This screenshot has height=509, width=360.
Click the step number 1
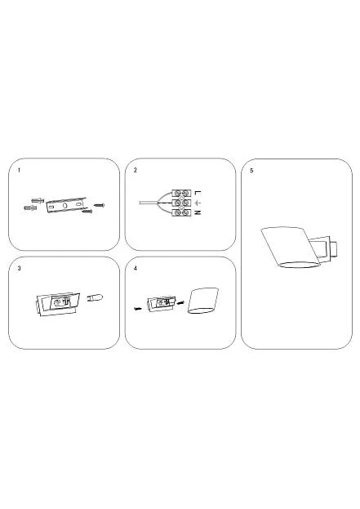[x=19, y=170]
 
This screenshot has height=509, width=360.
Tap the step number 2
[x=136, y=170]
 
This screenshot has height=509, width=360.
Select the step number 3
[x=19, y=269]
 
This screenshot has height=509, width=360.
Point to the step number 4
[x=136, y=269]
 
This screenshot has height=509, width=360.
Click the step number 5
[x=251, y=171]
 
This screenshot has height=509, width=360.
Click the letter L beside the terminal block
[x=198, y=193]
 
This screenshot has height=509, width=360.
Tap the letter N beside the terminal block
[x=198, y=212]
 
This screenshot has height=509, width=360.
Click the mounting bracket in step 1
[x=66, y=205]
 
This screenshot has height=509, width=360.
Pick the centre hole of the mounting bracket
[x=64, y=206]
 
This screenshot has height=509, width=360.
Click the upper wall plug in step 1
[x=38, y=200]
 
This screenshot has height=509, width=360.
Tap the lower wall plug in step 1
[x=30, y=208]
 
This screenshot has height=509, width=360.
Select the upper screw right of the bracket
[x=100, y=205]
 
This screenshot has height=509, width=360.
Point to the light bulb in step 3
[x=95, y=297]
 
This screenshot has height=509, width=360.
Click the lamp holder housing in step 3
[x=57, y=304]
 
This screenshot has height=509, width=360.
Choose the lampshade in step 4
[x=203, y=301]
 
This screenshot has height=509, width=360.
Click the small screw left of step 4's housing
[x=138, y=308]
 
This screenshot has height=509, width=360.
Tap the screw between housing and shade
[x=180, y=303]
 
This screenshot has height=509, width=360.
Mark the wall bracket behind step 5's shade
[x=325, y=249]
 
